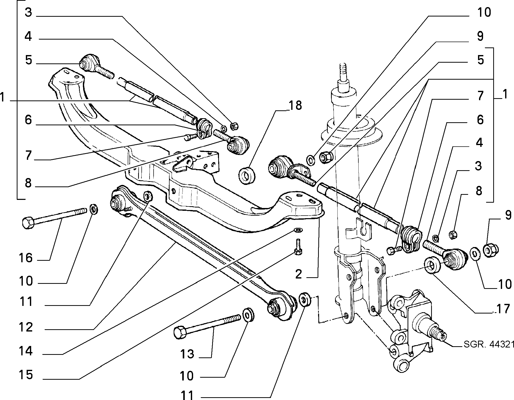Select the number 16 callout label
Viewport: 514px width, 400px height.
(25, 258)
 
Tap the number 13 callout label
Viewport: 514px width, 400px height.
(187, 354)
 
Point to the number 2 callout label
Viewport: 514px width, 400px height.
(299, 274)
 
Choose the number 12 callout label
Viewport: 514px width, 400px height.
(26, 327)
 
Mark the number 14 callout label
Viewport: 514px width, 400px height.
(25, 351)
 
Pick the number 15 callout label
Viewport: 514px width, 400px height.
(25, 375)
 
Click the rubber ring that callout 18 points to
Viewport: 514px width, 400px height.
(247, 175)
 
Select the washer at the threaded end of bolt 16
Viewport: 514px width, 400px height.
(95, 210)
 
